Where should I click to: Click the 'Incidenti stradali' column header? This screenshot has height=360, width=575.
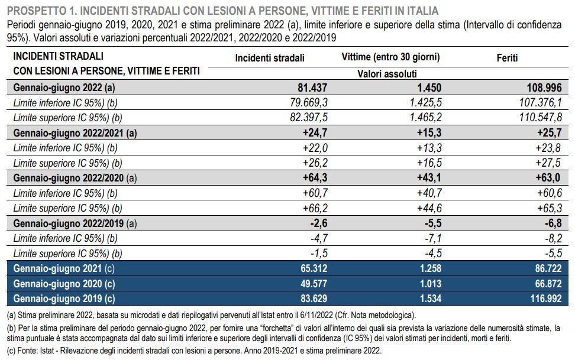[270, 58]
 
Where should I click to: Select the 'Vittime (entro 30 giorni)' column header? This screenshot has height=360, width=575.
[390, 57]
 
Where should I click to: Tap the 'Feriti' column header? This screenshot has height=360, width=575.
[507, 57]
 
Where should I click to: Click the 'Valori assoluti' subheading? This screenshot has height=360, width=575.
[387, 74]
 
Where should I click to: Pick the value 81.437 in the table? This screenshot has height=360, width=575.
[312, 87]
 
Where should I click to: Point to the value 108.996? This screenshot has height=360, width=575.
[544, 87]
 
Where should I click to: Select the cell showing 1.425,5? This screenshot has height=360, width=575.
[426, 103]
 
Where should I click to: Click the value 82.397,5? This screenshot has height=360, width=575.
[309, 118]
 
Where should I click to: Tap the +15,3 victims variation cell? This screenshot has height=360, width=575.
[429, 132]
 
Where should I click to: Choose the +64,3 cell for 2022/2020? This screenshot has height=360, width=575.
[315, 178]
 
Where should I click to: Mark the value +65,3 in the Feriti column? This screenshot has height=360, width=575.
[550, 208]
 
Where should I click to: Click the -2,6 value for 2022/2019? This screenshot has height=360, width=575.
[319, 223]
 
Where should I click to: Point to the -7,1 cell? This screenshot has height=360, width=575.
[433, 239]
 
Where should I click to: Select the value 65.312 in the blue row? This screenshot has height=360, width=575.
[314, 268]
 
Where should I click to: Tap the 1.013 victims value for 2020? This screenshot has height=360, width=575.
[431, 284]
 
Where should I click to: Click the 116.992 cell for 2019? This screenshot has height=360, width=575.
[546, 299]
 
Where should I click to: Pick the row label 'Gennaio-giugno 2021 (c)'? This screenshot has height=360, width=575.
[64, 269]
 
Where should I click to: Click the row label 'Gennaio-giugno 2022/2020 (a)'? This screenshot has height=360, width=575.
[75, 178]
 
